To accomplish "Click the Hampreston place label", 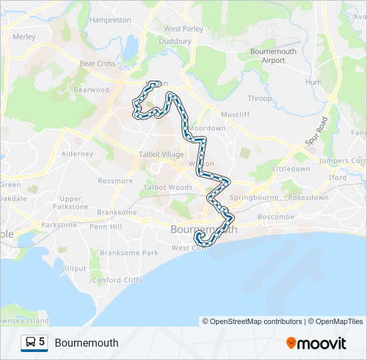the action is [110, 20].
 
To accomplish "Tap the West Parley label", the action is [183, 29].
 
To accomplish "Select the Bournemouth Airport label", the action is [273, 55].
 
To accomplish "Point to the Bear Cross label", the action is [97, 64].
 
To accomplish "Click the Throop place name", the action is [260, 99].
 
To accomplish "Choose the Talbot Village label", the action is [161, 154].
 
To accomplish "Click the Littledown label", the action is [292, 169].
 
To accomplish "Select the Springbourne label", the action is [252, 198].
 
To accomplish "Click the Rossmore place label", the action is [115, 181].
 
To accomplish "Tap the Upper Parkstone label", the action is [70, 203].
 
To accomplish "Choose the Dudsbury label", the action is [175, 41].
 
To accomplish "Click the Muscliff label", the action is [235, 114].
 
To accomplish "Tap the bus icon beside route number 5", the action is [30, 342].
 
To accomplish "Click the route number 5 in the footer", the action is [42, 342].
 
